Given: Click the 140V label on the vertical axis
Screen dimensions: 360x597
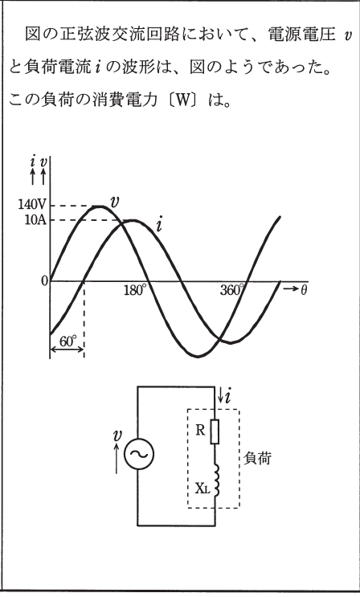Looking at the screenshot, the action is tap(31, 205).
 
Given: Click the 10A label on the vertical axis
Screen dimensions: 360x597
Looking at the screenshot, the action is tap(35, 220).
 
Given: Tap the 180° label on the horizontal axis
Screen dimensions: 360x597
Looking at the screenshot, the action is tap(135, 290).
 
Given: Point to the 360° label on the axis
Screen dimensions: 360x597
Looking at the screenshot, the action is tap(231, 290).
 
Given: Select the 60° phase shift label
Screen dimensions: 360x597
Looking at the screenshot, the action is tap(68, 341).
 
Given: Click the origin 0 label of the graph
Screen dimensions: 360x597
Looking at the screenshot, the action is tap(45, 281).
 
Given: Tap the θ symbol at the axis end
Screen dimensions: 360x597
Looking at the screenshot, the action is tap(304, 290).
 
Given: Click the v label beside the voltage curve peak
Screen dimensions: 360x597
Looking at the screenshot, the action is tap(113, 202).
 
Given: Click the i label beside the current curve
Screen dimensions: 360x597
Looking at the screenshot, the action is tap(159, 226).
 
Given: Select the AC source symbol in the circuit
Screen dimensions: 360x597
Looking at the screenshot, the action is tap(138, 453).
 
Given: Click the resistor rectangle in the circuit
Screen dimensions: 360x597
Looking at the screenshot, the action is tap(215, 431).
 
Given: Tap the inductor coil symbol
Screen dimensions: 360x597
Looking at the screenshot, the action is tap(218, 480).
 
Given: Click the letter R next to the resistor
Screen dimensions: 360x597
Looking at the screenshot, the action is tap(200, 430).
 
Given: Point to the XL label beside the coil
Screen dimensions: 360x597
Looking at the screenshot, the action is tap(202, 489).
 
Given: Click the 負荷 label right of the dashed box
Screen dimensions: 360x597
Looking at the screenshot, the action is tap(257, 458).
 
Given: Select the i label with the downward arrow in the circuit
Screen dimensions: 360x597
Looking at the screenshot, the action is tap(225, 397).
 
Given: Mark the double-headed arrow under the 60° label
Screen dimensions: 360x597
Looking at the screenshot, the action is tap(67, 350).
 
